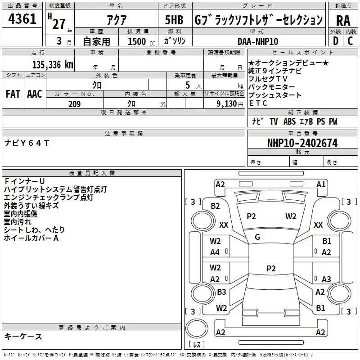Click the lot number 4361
[22, 20]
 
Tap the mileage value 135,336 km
[53, 65]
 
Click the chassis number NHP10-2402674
[302, 143]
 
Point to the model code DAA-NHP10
[258, 41]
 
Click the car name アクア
[117, 20]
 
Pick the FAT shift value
[13, 94]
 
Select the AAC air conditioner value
[35, 94]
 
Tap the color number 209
[74, 104]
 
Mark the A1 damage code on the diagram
[321, 184]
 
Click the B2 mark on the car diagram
[216, 206]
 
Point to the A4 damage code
[215, 252]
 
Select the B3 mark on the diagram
[221, 292]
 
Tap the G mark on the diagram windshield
[257, 237]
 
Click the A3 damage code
[326, 279]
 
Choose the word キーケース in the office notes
[23, 336]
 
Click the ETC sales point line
[258, 103]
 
